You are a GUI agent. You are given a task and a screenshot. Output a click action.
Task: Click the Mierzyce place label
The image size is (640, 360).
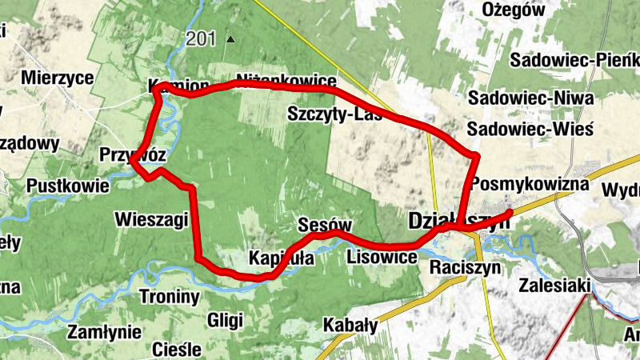click(x=58, y=78)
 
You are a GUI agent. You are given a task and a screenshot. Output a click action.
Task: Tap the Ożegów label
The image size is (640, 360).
click(x=514, y=10)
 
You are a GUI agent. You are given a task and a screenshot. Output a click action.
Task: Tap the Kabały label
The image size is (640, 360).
click(x=350, y=325)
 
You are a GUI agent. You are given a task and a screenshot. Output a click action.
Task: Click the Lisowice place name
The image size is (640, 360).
click(x=382, y=258)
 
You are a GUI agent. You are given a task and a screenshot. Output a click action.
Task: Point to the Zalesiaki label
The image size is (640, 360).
click(x=554, y=285)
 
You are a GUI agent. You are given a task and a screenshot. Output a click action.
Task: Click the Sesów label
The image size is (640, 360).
click(x=324, y=224)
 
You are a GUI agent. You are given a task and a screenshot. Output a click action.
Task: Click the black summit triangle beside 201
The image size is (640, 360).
click(x=231, y=38)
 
